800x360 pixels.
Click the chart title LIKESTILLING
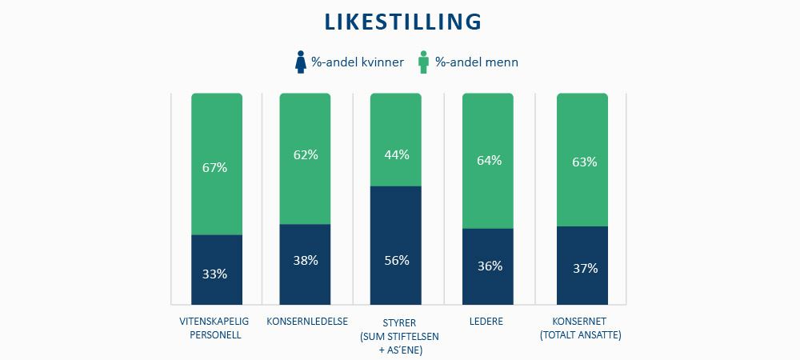click(x=403, y=22)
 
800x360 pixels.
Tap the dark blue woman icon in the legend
click(x=301, y=62)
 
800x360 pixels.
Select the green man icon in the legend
click(x=424, y=62)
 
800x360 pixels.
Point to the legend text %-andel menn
click(x=477, y=62)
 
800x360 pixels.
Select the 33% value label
click(x=216, y=274)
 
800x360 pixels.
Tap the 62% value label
click(x=306, y=155)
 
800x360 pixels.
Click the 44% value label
click(x=396, y=154)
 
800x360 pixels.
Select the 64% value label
click(x=489, y=160)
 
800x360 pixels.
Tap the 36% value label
click(x=489, y=266)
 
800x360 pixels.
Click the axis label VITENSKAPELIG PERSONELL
click(x=216, y=328)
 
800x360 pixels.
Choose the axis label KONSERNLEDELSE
click(x=306, y=322)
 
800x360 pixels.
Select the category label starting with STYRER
click(x=396, y=335)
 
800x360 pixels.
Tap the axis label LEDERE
click(x=487, y=322)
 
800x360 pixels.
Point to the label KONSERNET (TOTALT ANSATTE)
click(x=581, y=328)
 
